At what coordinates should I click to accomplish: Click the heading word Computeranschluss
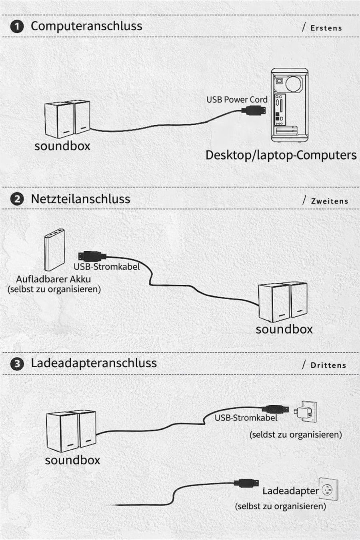(x=86, y=26)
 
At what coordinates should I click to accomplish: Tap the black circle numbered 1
(x=17, y=26)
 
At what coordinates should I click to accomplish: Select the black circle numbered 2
(x=17, y=199)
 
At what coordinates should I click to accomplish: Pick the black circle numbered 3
(x=17, y=364)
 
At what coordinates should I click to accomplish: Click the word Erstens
(x=326, y=28)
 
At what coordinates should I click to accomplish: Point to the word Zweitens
(x=330, y=201)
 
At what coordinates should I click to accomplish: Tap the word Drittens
(x=328, y=365)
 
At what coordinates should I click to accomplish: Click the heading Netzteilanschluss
(x=80, y=199)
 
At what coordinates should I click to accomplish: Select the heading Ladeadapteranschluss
(x=94, y=363)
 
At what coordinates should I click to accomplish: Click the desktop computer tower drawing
(x=290, y=105)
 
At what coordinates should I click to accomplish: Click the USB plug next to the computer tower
(x=254, y=111)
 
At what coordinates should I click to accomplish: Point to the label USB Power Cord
(x=237, y=100)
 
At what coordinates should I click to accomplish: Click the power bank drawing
(x=55, y=250)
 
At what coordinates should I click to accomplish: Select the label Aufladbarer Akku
(x=54, y=279)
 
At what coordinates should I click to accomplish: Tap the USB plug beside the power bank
(x=92, y=256)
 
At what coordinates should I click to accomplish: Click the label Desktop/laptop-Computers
(x=281, y=155)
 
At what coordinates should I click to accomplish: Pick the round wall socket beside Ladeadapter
(x=328, y=490)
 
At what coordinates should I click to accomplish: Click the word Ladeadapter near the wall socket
(x=290, y=491)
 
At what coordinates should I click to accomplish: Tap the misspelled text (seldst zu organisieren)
(x=296, y=435)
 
